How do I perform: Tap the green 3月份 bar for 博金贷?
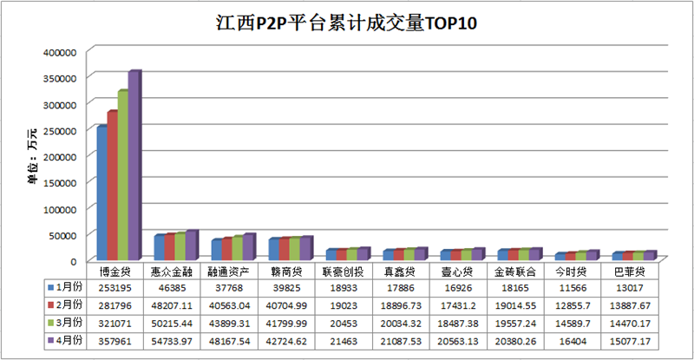tap(122, 174)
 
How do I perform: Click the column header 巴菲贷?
tap(628, 271)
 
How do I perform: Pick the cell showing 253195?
tap(115, 285)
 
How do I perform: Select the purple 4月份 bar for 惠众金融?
tap(191, 245)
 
